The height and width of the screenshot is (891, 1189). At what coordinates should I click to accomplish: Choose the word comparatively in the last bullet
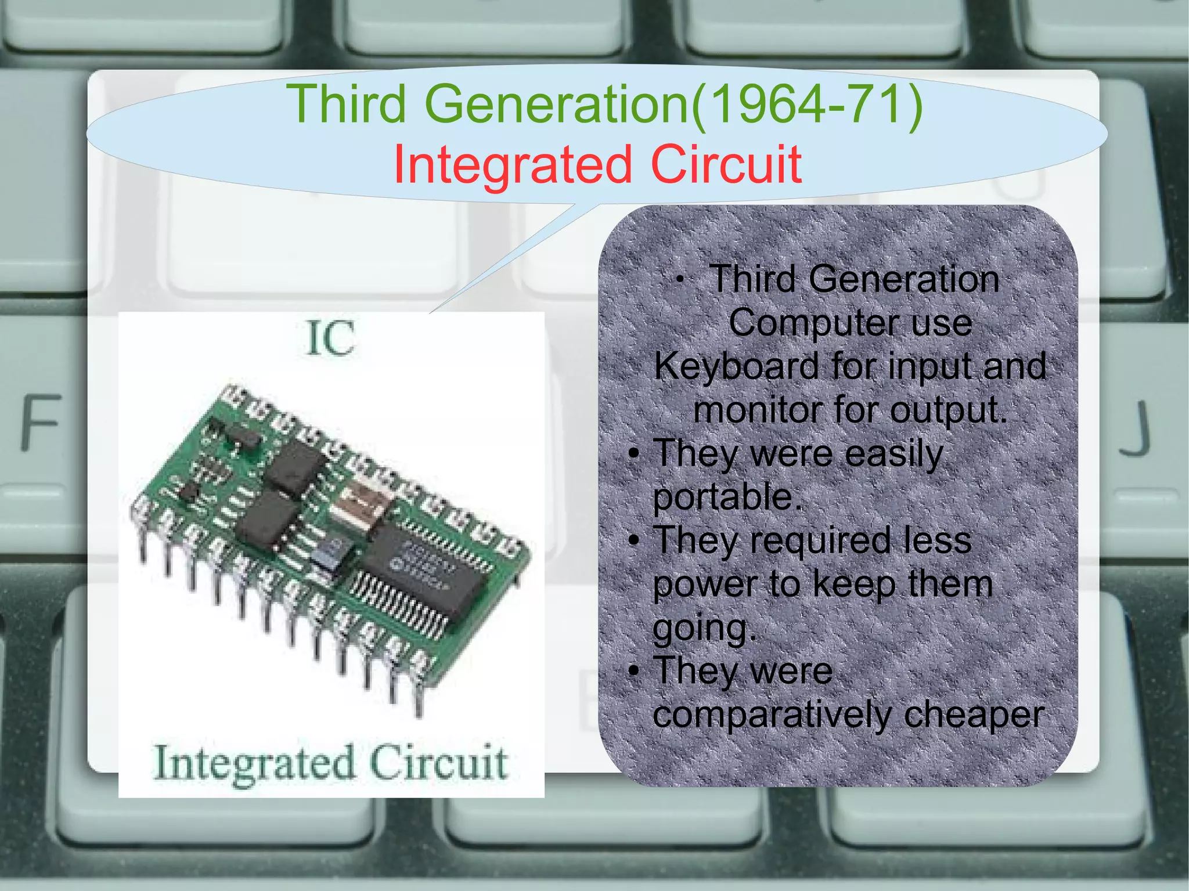click(x=772, y=715)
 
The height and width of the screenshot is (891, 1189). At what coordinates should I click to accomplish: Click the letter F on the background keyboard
click(x=41, y=422)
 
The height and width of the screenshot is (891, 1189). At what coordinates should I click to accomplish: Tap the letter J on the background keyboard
click(x=1135, y=428)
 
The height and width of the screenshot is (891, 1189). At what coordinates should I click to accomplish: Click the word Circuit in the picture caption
click(x=439, y=763)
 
